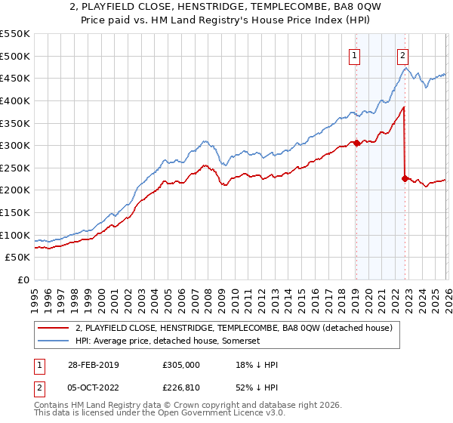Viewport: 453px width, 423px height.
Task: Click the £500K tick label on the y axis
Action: tap(15, 56)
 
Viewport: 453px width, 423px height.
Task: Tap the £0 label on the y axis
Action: tap(23, 280)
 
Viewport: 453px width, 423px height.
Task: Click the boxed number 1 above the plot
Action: tap(355, 54)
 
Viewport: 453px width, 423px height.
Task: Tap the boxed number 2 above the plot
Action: tap(403, 54)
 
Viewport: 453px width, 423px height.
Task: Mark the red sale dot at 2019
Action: tap(356, 143)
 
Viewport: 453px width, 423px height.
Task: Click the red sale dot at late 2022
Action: tap(405, 178)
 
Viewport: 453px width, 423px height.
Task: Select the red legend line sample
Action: tap(53, 329)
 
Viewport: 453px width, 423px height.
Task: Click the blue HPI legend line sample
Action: tap(53, 342)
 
